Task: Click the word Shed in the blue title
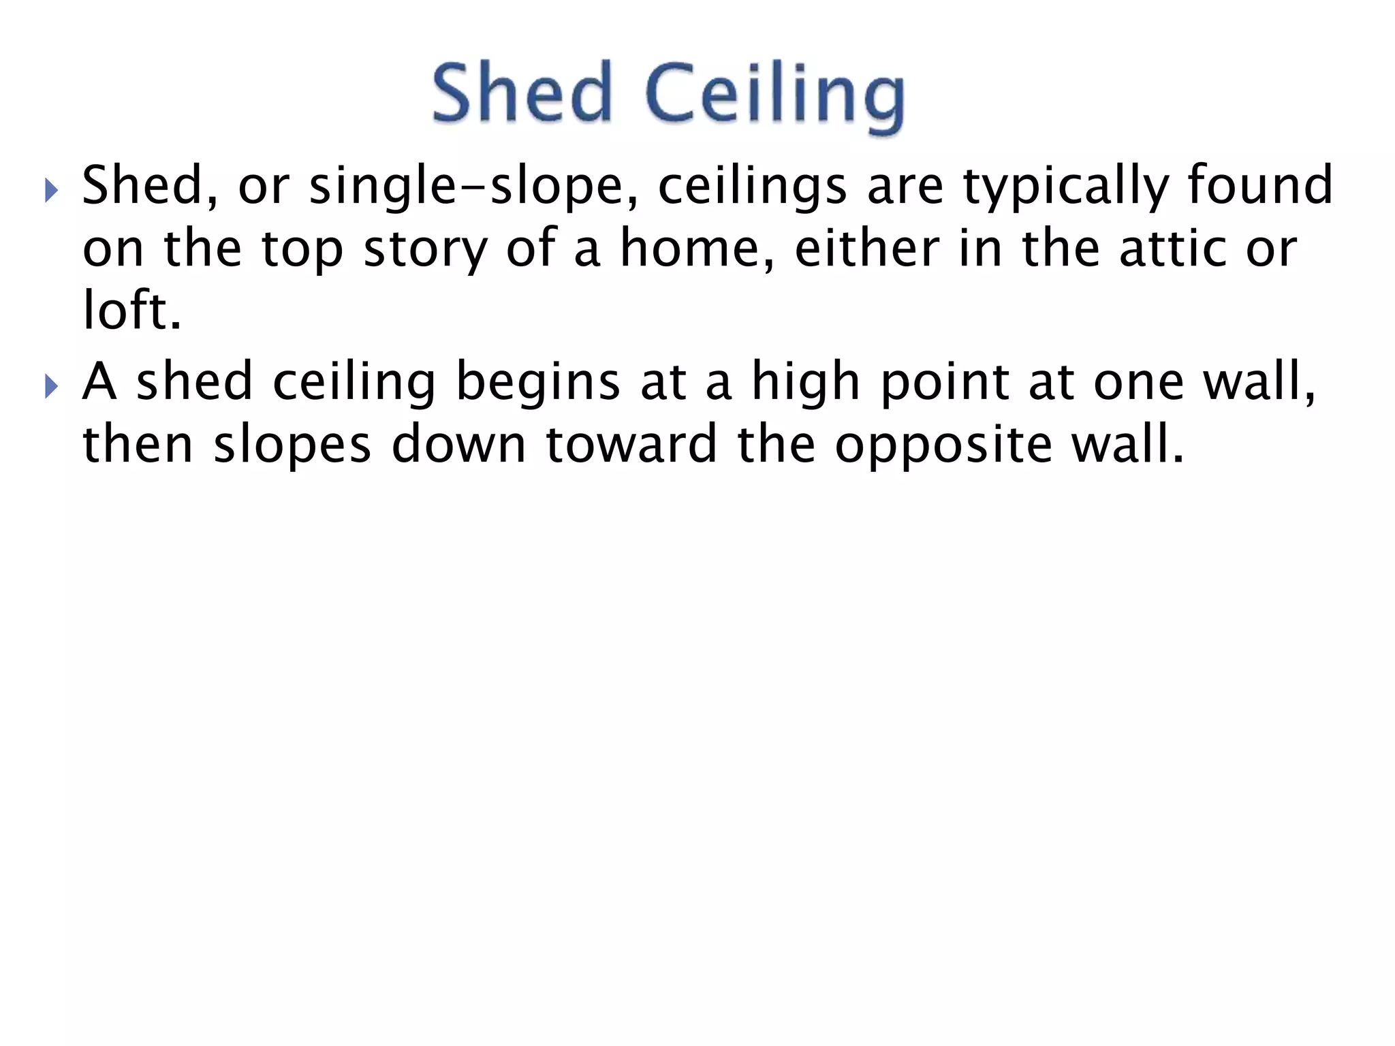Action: pyautogui.click(x=522, y=93)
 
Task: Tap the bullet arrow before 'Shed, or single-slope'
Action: pyautogui.click(x=52, y=191)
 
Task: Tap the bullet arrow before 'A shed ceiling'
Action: pyautogui.click(x=52, y=386)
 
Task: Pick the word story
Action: pyautogui.click(x=426, y=250)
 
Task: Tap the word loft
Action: pyautogui.click(x=130, y=311)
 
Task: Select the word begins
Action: pyautogui.click(x=538, y=383)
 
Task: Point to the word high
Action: pyautogui.click(x=806, y=383)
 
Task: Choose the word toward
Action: pyautogui.click(x=631, y=445)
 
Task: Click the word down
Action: pyautogui.click(x=459, y=445)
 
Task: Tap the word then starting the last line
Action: pyautogui.click(x=138, y=445)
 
